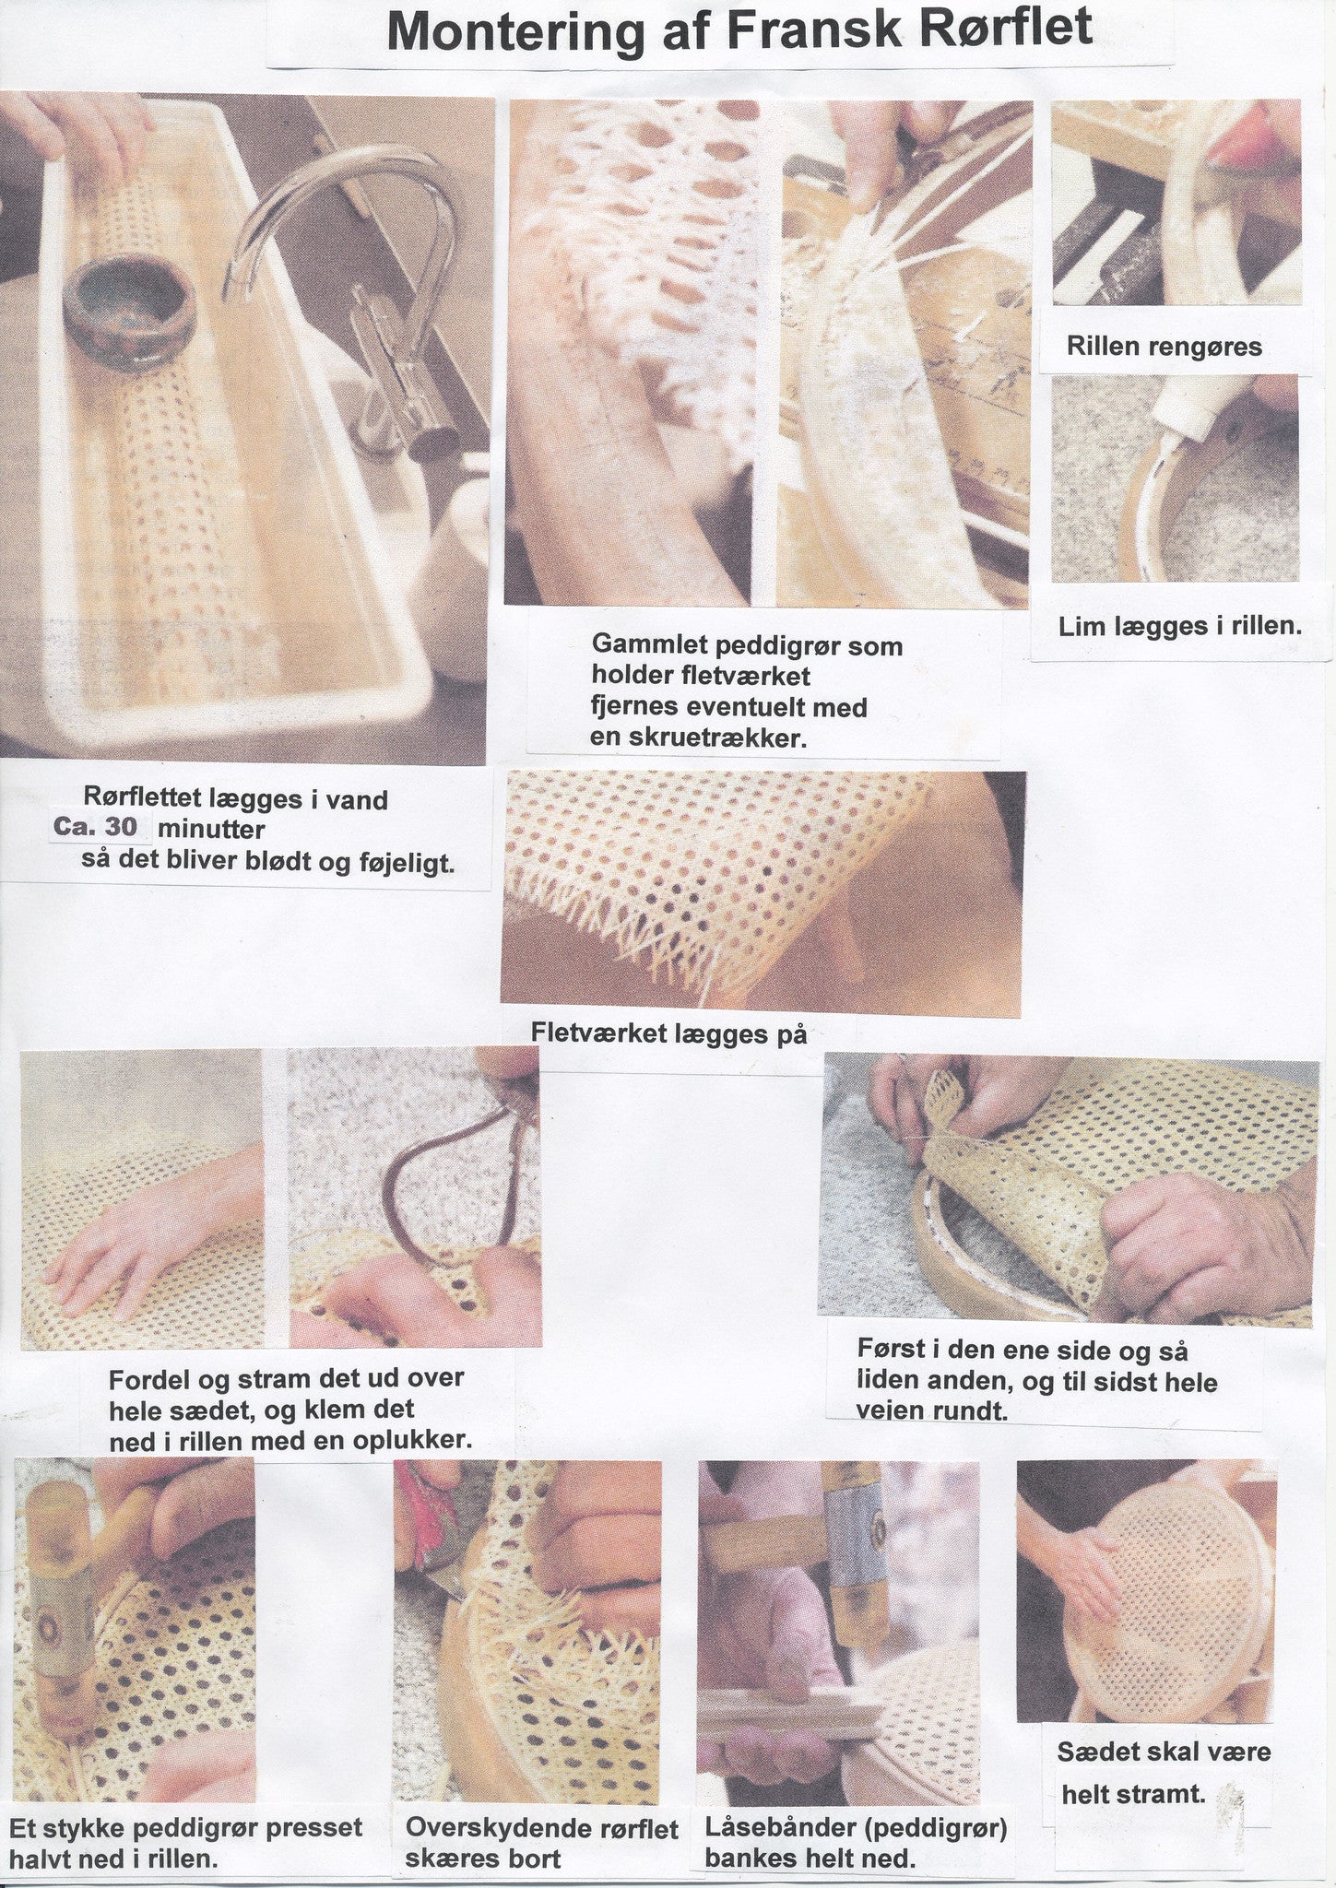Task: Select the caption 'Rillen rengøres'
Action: (1165, 347)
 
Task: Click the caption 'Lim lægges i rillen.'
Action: (1180, 627)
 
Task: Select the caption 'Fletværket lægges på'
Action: (669, 1033)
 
